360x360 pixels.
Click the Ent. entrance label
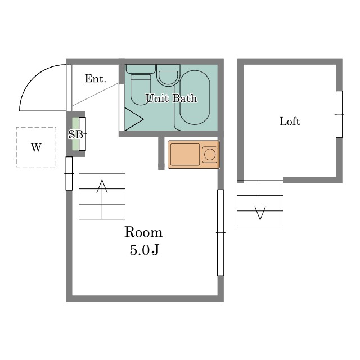tap(96, 79)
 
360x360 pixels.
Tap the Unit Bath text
tap(172, 98)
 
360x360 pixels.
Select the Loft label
tap(290, 121)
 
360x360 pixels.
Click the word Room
tap(143, 232)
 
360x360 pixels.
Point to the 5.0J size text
tap(145, 250)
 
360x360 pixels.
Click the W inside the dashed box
tap(36, 147)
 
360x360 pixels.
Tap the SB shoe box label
tap(75, 134)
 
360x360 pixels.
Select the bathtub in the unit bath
tap(195, 97)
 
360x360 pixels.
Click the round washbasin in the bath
tap(168, 77)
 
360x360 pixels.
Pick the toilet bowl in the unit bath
tap(141, 89)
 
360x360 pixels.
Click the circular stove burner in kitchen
tap(210, 154)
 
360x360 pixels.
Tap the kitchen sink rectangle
tap(185, 154)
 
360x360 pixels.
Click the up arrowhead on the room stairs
tap(102, 186)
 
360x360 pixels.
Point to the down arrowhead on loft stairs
tap(260, 213)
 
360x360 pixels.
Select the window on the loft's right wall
tap(339, 114)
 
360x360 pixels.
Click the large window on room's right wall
tap(220, 232)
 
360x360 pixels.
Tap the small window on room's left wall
tap(69, 173)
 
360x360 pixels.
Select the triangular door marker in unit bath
tap(134, 119)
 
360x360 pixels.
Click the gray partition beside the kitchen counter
tap(161, 153)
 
